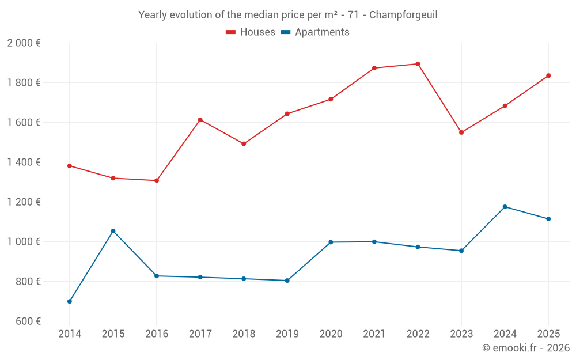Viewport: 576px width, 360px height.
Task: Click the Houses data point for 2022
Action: click(x=418, y=64)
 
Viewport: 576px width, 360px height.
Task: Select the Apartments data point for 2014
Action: click(x=70, y=301)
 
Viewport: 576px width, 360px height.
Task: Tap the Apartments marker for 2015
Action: click(x=113, y=231)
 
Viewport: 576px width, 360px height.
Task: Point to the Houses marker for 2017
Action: click(x=200, y=120)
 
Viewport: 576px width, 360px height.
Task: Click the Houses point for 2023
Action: click(x=461, y=132)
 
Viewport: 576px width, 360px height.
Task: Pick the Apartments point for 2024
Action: click(x=505, y=207)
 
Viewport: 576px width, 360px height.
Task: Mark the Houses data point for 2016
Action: click(x=157, y=180)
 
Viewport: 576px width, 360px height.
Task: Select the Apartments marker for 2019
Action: click(x=287, y=281)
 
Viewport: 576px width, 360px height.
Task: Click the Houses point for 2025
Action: click(x=548, y=75)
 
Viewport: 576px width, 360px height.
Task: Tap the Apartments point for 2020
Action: click(x=331, y=242)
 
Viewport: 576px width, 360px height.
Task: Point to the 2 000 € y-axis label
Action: click(x=24, y=43)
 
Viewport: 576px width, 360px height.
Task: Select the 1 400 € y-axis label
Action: click(x=24, y=162)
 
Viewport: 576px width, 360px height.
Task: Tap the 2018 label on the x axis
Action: click(x=244, y=334)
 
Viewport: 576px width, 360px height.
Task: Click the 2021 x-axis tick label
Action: click(x=374, y=334)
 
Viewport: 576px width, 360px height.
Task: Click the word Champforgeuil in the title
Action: click(x=403, y=15)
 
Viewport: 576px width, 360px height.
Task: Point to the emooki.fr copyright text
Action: click(x=526, y=348)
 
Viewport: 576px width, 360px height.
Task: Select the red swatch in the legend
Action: click(x=231, y=32)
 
